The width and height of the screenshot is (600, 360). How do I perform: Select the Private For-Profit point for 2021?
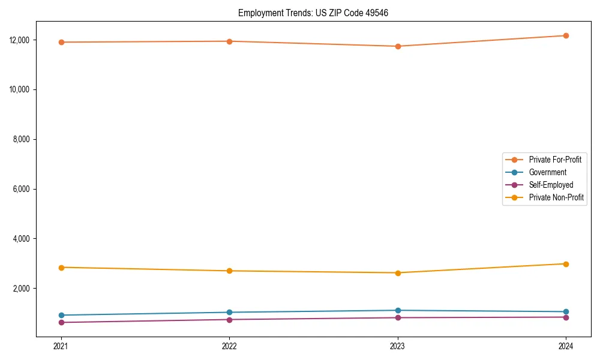tap(61, 42)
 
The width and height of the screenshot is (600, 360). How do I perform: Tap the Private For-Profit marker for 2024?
tap(566, 35)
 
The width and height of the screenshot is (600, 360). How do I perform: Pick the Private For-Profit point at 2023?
tap(398, 46)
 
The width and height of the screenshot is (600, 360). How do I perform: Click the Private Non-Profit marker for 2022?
tap(229, 271)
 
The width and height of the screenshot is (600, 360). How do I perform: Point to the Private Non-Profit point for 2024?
tap(566, 264)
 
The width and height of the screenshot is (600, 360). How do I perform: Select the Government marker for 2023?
tap(398, 310)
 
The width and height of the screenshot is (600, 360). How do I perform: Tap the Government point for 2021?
tap(61, 315)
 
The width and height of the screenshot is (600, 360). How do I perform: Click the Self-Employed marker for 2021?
tap(61, 322)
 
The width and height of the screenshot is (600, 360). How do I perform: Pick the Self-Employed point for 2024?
tap(566, 317)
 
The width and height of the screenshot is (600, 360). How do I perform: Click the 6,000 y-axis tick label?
tap(24, 189)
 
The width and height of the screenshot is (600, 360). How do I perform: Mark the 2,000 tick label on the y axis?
tap(24, 289)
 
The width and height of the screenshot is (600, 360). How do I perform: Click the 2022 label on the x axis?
tap(229, 346)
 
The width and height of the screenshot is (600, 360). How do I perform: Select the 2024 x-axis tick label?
tap(566, 346)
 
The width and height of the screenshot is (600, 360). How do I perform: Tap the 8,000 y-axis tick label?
tap(24, 139)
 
